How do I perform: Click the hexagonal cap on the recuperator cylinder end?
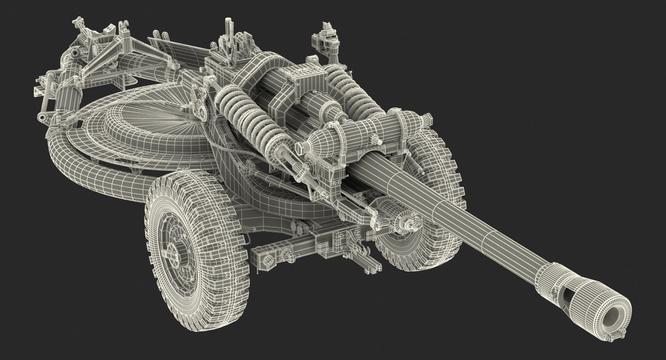point(300,150)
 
